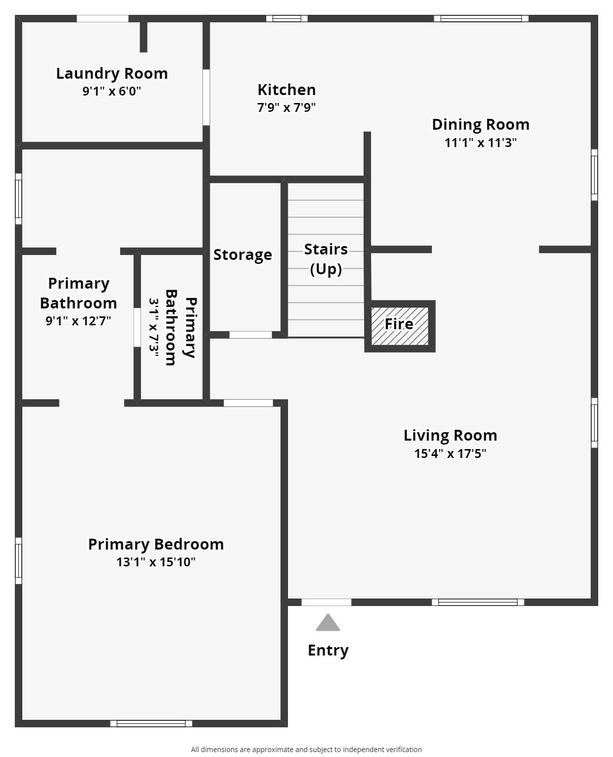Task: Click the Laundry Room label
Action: (x=112, y=73)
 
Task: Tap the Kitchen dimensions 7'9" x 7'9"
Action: (x=286, y=107)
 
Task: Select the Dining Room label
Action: (x=480, y=124)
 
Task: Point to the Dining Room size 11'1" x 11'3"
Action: (x=480, y=143)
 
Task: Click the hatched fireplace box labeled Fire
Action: (x=400, y=325)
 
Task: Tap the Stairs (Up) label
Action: (x=326, y=258)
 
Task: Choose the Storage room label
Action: (x=242, y=254)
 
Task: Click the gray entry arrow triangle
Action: (x=328, y=623)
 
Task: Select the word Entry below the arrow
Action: (x=328, y=650)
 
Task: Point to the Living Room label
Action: (x=450, y=435)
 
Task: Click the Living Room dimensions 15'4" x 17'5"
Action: (x=450, y=454)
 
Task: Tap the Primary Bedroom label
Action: (x=156, y=544)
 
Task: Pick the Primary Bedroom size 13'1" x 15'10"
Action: (x=156, y=562)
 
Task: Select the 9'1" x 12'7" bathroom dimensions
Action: (x=78, y=321)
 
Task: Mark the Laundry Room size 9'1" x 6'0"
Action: (x=112, y=91)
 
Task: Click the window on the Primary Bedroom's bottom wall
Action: (x=151, y=723)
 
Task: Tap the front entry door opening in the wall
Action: (x=327, y=602)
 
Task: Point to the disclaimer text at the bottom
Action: (x=306, y=750)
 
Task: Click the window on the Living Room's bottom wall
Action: (x=478, y=602)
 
